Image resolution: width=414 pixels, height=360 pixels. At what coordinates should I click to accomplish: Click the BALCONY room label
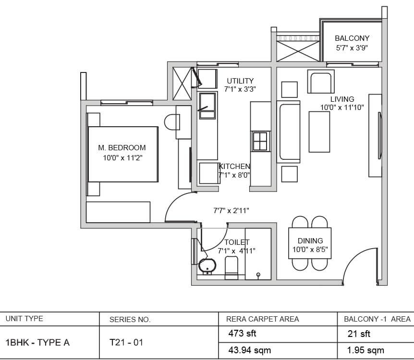coord(352,38)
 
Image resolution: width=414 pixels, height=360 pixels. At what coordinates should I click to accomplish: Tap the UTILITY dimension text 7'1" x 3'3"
coord(240,89)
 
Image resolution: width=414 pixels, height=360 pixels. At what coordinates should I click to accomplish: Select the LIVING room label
coord(342,99)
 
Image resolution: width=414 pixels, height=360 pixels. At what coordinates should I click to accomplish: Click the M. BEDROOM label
coord(122,147)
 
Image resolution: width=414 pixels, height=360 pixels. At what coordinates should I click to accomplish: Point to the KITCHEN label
coord(234,167)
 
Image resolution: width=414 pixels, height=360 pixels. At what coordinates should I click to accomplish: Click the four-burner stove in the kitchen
coord(261,141)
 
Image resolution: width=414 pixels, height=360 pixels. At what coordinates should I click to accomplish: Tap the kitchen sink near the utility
coord(207,106)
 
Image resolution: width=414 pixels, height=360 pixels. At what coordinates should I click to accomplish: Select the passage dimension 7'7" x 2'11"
coord(231,211)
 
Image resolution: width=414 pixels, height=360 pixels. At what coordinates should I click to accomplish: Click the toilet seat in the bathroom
coord(231,268)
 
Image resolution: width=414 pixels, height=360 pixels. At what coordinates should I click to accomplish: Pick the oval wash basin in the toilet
coord(207,266)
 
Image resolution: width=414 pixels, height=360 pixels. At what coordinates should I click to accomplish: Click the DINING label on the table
coord(310,240)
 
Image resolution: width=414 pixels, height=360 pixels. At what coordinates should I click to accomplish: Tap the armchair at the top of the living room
coord(321,82)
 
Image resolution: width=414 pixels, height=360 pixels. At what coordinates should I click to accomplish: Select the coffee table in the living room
coord(319,132)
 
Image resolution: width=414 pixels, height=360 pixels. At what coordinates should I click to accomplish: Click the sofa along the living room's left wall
coord(288,132)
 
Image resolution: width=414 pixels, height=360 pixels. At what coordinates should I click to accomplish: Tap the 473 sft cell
coord(242,333)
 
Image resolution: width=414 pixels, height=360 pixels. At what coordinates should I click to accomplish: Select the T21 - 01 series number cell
coord(126,342)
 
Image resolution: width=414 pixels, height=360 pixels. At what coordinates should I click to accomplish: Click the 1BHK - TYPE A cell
coord(37,342)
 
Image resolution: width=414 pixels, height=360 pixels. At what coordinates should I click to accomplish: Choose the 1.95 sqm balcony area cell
coord(365,350)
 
